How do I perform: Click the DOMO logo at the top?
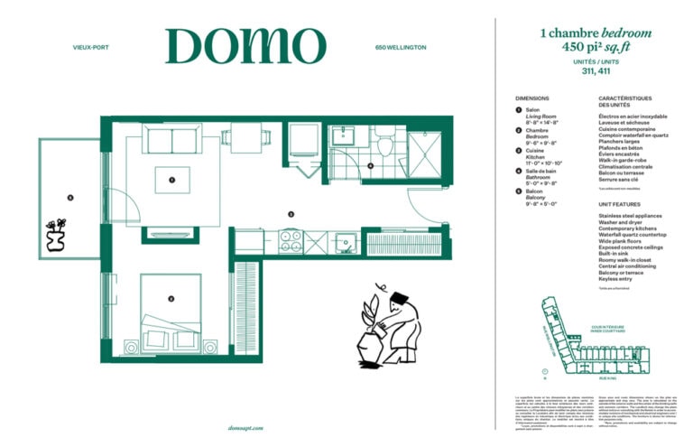[245, 46]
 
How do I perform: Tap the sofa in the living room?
[172, 140]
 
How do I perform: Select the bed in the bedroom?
[171, 311]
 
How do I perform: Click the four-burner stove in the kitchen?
[290, 242]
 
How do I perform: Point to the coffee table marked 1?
[172, 180]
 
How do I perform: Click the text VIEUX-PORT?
[90, 47]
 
